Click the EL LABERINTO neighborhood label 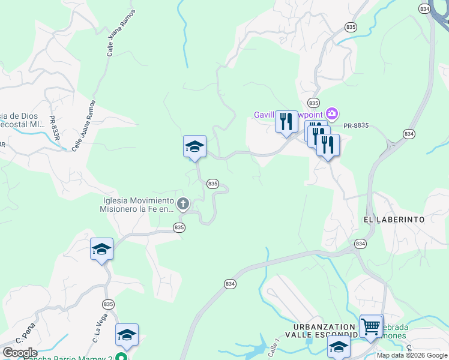tap(394, 220)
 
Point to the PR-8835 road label tap(355, 125)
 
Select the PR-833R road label tap(55, 128)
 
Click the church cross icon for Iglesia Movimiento tap(182, 205)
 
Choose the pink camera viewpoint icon tap(332, 113)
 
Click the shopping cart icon tap(371, 326)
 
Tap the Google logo tap(19, 353)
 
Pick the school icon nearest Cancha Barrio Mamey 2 tap(127, 335)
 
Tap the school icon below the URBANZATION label tap(339, 347)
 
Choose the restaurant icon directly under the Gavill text tap(286, 122)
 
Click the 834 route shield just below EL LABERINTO tap(360, 244)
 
